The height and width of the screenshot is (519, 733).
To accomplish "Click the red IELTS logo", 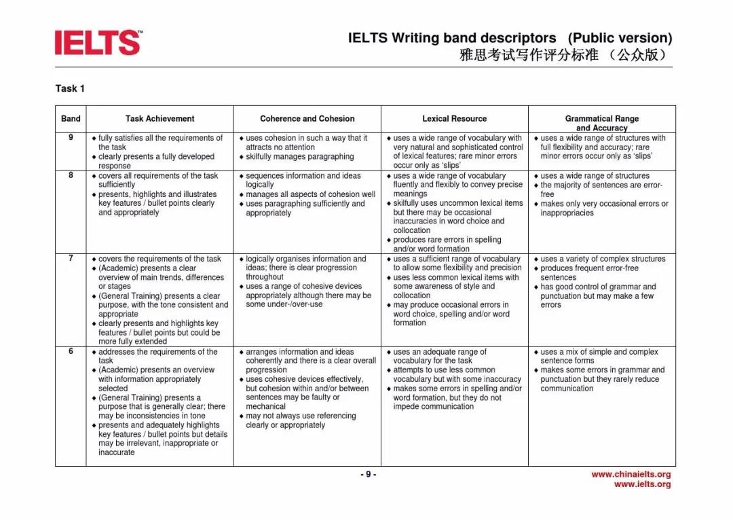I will click(x=98, y=42).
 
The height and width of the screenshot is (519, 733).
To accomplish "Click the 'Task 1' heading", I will click(x=70, y=88).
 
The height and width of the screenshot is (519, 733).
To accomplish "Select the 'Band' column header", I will click(x=71, y=119).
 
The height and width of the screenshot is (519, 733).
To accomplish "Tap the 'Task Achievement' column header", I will click(x=159, y=119).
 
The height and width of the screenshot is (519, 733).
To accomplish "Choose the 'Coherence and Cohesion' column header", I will click(x=307, y=119).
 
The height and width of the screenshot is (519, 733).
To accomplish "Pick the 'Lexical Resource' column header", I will click(x=454, y=119).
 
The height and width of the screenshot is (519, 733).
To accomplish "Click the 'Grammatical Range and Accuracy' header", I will click(x=601, y=123).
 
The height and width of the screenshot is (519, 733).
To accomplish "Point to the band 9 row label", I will click(x=71, y=138).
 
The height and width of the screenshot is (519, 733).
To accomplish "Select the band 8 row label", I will click(x=71, y=175).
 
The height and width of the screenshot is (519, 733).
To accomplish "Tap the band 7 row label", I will click(x=71, y=259).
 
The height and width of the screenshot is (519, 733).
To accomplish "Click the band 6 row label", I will click(x=71, y=352).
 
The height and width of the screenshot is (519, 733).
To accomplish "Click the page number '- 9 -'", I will click(x=367, y=474).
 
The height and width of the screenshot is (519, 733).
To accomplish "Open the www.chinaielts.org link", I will click(x=631, y=474).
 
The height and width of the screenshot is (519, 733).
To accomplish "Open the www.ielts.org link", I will click(x=642, y=484).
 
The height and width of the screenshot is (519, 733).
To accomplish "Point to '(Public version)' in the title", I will click(x=620, y=38).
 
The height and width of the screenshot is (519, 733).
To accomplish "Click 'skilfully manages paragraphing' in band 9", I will click(x=299, y=157).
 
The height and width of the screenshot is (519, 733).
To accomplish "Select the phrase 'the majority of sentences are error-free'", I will click(x=601, y=190).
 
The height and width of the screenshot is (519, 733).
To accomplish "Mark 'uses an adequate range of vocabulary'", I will click(x=439, y=356).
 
